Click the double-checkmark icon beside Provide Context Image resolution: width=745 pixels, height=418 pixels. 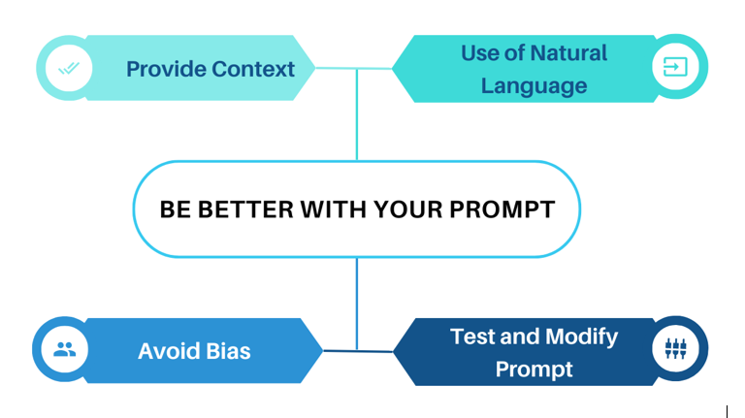click(69, 69)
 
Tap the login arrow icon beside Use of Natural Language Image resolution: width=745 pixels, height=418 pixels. click(675, 67)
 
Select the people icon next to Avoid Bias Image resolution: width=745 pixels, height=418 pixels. click(65, 350)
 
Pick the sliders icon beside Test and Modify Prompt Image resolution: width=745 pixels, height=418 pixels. click(675, 350)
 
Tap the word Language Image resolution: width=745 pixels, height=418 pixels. click(534, 85)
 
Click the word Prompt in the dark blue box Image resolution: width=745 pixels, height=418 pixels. click(534, 370)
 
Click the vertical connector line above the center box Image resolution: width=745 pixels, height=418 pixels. click(357, 116)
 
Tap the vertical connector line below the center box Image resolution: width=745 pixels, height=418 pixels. click(357, 301)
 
